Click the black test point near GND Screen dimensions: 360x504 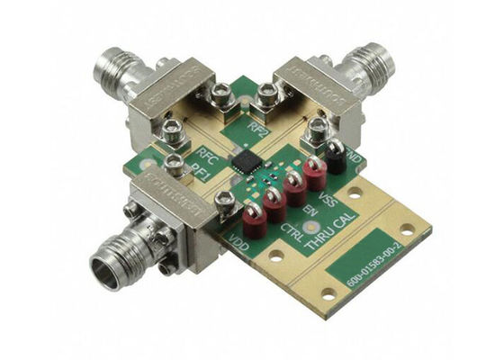point(334,155)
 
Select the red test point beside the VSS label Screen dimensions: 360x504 point(315,170)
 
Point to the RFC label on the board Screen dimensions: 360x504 point(206,154)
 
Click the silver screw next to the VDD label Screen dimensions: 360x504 point(228,200)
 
